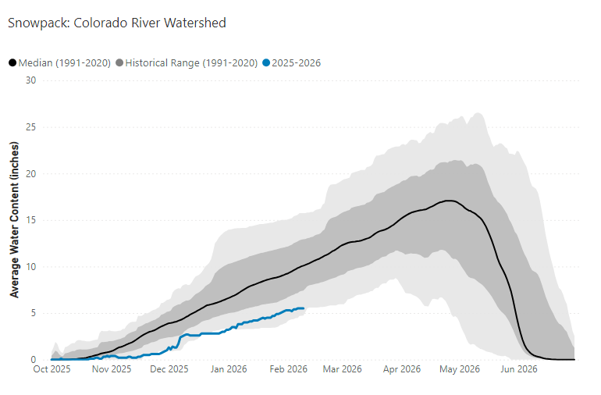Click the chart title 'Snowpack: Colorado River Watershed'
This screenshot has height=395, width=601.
[x=117, y=23]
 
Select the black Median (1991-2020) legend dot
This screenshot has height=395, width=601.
[x=12, y=62]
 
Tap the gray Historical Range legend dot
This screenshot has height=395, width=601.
[x=119, y=62]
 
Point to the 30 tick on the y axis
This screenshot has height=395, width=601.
[x=30, y=80]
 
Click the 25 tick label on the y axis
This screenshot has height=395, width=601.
[x=30, y=126]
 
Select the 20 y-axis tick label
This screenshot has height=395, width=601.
[x=30, y=173]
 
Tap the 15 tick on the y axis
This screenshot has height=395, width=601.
[x=30, y=220]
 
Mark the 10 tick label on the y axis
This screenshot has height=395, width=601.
[x=30, y=266]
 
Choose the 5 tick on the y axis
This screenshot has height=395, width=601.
[x=33, y=313]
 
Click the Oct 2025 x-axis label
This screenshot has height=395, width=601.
[x=52, y=369]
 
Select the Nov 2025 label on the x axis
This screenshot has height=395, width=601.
[x=110, y=369]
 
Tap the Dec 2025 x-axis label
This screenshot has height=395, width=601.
[x=169, y=369]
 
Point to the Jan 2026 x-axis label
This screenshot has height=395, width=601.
[x=228, y=369]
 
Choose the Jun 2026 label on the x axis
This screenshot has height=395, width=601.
[x=517, y=369]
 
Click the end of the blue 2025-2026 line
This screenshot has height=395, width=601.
[x=304, y=308]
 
